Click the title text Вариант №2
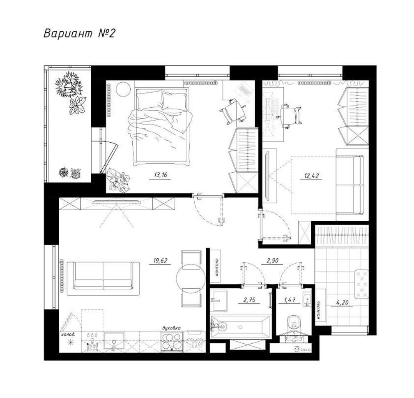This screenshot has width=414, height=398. click(x=79, y=34)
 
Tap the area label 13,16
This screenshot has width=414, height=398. click(x=160, y=175)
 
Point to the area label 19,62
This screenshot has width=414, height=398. click(x=160, y=261)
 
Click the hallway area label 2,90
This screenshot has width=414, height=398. click(x=272, y=261)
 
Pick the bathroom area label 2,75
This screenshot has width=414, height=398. click(x=250, y=300)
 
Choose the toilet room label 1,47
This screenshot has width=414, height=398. click(x=290, y=300)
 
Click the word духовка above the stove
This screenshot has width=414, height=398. click(x=172, y=328)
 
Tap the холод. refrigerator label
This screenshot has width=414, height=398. click(x=68, y=334)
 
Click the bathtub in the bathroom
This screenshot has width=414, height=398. click(x=241, y=326)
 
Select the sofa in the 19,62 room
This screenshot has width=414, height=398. click(x=103, y=278)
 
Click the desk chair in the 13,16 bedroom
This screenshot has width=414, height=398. click(x=233, y=111)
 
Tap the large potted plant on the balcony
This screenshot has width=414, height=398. click(x=69, y=84)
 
